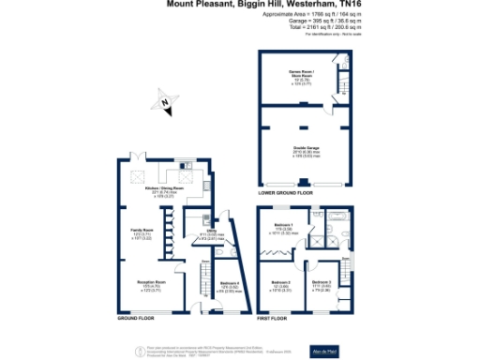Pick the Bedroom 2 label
(x=281, y=284)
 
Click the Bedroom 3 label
(x=322, y=284)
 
